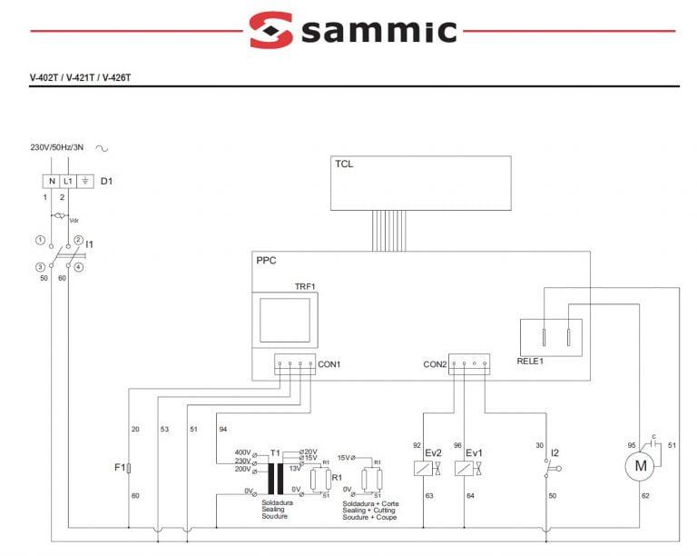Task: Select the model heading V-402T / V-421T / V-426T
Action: click(81, 77)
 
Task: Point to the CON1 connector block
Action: click(294, 364)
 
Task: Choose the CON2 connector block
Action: click(468, 364)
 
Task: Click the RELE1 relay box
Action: click(550, 337)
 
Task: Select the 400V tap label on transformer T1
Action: click(242, 452)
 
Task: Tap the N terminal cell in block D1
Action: click(52, 181)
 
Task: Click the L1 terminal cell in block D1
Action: click(68, 181)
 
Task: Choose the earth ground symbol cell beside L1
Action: click(85, 181)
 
